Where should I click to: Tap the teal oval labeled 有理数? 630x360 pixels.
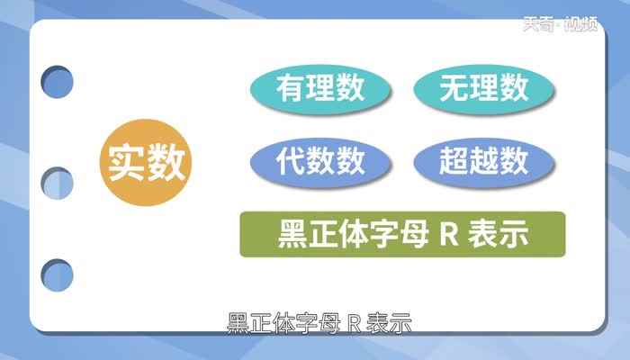click(x=321, y=88)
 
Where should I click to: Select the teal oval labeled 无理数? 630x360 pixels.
click(x=484, y=88)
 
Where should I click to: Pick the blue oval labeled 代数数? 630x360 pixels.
click(x=321, y=163)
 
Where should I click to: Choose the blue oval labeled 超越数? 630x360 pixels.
click(x=484, y=163)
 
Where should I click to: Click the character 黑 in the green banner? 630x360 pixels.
click(x=294, y=236)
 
